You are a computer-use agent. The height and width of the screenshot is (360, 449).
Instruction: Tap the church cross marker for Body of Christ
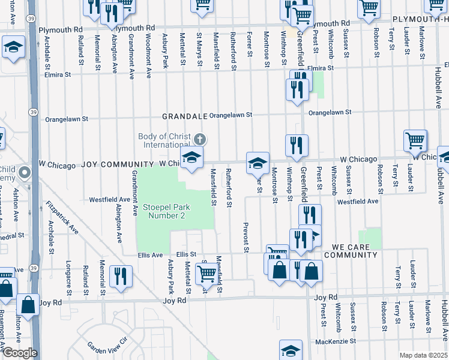[x=200, y=139]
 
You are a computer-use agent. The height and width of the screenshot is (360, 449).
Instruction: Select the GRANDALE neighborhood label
[x=184, y=115]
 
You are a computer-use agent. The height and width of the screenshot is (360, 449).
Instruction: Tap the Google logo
[x=19, y=353]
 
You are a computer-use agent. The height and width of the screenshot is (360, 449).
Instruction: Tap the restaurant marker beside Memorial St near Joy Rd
[x=121, y=277]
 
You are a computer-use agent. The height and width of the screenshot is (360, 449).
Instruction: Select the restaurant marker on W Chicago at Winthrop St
[x=297, y=145]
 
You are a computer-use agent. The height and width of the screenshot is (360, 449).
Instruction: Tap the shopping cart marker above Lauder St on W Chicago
[x=415, y=140]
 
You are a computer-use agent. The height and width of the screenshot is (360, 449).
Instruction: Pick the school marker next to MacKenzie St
[x=291, y=350]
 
